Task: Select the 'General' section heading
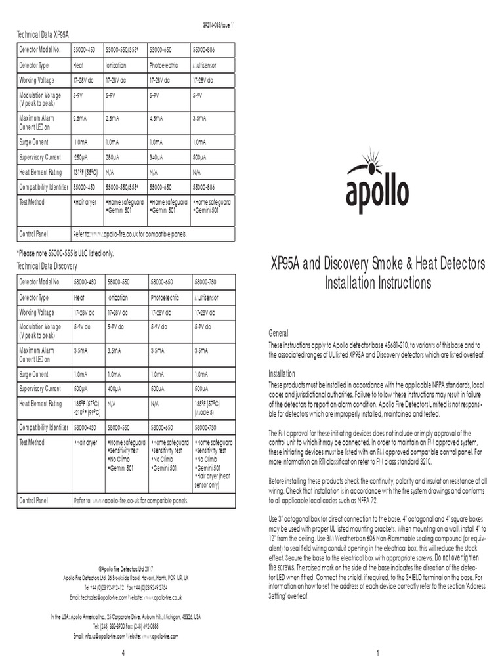coord(279,333)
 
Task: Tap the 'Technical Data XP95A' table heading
coord(43,34)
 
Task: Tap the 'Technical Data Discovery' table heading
coord(47,266)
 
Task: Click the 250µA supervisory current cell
coord(81,157)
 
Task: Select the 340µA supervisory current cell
coord(157,157)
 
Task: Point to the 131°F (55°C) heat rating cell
coord(86,173)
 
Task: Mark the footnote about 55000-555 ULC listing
coord(65,253)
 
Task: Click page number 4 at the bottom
coord(124,654)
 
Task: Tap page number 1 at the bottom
coord(378,654)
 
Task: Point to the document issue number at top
coord(219,25)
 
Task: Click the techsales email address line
coord(126,598)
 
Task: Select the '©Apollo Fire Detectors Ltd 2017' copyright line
coord(125,568)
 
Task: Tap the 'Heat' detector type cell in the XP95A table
coord(79,66)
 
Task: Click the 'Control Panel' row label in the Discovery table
coord(33,501)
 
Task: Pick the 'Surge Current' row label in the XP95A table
coord(34,142)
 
